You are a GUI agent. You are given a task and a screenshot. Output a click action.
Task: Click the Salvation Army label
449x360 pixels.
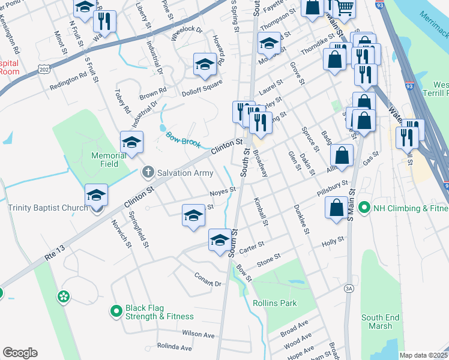tap(185, 173)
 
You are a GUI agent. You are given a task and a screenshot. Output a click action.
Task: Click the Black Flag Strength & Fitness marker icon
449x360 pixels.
tap(116, 311)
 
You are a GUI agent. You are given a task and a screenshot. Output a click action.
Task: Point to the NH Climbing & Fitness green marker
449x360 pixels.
tap(363, 208)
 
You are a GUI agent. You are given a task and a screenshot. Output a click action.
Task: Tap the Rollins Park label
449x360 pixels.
tap(274, 303)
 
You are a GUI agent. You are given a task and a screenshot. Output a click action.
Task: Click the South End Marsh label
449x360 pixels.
tap(377, 322)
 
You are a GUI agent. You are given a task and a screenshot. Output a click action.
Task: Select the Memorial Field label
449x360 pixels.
tap(109, 160)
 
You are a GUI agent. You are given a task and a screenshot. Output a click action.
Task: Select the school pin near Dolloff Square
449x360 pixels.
tap(205, 64)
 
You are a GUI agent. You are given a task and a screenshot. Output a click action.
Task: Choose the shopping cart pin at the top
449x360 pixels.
tap(344, 7)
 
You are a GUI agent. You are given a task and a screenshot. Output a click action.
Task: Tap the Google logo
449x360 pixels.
tap(20, 353)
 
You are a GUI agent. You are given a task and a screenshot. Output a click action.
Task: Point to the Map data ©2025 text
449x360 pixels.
tap(423, 355)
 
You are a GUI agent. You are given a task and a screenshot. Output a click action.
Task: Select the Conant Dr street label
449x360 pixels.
tap(208, 279)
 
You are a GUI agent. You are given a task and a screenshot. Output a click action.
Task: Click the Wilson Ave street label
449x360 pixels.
tap(199, 334)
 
